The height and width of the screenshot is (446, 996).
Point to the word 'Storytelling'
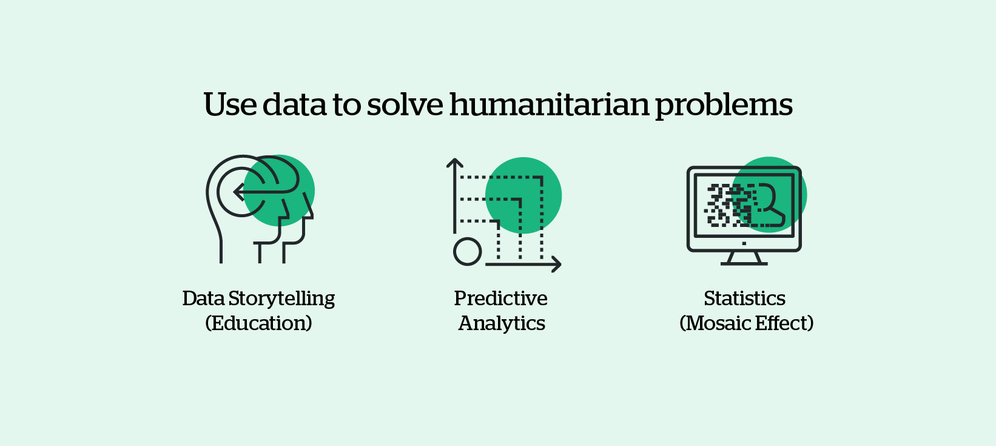[x=281, y=299]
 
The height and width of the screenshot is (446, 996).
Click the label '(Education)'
[x=259, y=323]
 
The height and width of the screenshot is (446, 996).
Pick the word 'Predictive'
[x=500, y=299]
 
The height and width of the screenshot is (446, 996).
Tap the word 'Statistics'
[x=744, y=299]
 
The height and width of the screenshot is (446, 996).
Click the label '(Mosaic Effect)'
[x=746, y=323]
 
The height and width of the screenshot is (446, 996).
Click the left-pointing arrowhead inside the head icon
[x=238, y=192]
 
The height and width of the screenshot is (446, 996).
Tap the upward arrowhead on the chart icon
[x=454, y=163]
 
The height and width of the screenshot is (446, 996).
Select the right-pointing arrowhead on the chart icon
[x=556, y=264]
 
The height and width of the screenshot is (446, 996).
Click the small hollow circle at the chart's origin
[x=467, y=251]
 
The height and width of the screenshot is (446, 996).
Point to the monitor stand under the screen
[x=744, y=258]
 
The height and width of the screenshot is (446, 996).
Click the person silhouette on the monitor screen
[x=768, y=205]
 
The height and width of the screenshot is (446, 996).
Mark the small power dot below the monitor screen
[x=744, y=243]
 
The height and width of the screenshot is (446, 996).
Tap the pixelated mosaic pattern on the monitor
[x=725, y=205]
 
